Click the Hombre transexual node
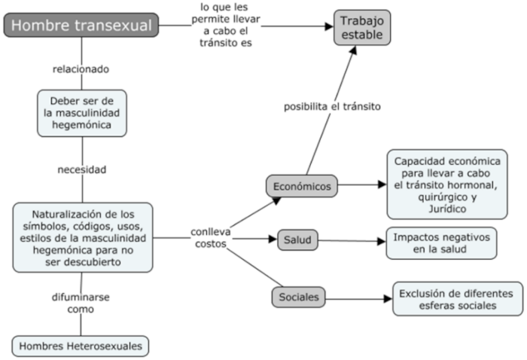(x=81, y=26)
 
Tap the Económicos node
(x=302, y=185)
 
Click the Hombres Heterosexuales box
(x=81, y=346)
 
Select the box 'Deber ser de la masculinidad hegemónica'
(x=81, y=113)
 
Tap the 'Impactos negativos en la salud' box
(x=441, y=243)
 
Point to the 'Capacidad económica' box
(x=447, y=183)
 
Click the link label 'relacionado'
(x=81, y=69)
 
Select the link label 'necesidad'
(x=81, y=169)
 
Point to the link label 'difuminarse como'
(x=81, y=303)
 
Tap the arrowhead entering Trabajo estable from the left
(x=329, y=26)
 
